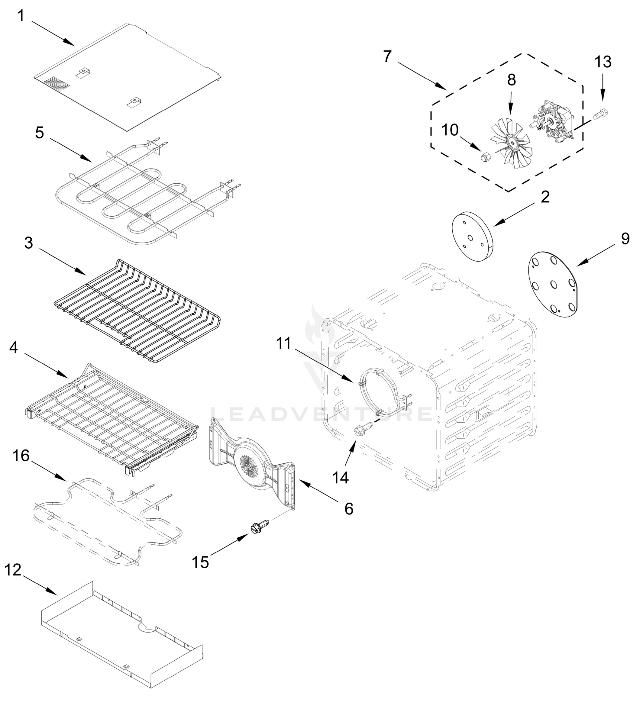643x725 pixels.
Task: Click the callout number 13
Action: tap(603, 62)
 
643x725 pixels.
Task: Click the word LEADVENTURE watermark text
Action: tap(321, 414)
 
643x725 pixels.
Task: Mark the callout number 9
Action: tap(625, 239)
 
